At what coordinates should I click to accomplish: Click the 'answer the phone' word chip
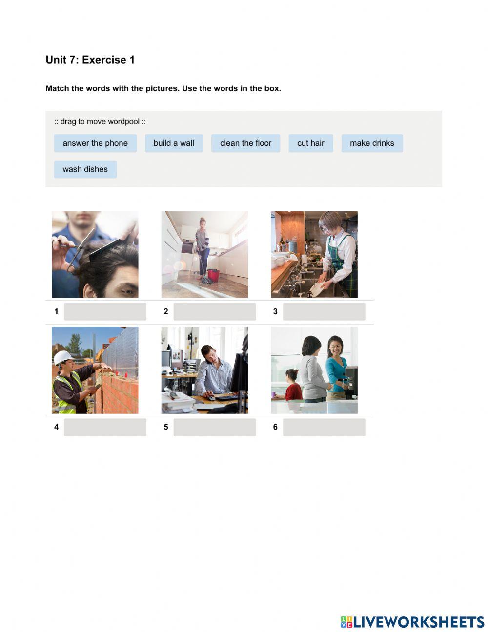[x=95, y=143]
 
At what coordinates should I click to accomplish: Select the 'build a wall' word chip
[x=174, y=143]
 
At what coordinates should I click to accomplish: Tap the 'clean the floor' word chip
[x=245, y=143]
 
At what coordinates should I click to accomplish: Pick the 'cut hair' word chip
[x=310, y=143]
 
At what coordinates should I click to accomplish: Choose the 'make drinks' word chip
[x=372, y=143]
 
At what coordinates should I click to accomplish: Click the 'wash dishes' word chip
[x=85, y=169]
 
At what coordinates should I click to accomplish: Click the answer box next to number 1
[x=105, y=311]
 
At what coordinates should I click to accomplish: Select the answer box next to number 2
[x=214, y=311]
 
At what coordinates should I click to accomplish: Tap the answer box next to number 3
[x=324, y=311]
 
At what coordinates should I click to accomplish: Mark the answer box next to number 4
[x=105, y=427]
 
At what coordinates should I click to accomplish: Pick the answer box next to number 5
[x=214, y=427]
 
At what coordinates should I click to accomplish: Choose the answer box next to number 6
[x=324, y=427]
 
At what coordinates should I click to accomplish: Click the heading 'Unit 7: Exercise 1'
[x=90, y=60]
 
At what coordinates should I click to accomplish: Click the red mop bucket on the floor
[x=213, y=275]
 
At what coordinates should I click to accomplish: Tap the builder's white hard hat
[x=62, y=358]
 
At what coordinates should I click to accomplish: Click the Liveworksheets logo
[x=412, y=622]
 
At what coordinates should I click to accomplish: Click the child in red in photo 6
[x=293, y=386]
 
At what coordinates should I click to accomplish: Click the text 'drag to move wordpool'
[x=100, y=121]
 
